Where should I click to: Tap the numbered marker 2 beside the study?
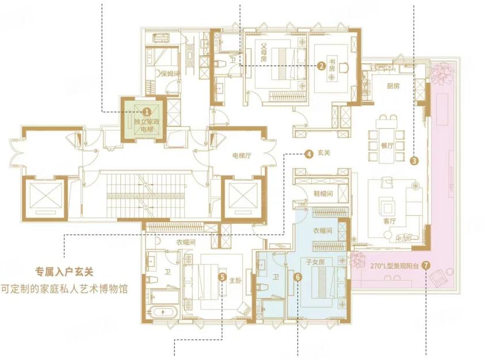coord(321,66)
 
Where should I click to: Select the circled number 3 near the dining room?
coord(414,160)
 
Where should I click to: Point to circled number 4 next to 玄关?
coord(308,154)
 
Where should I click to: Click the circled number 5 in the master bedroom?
coord(222,277)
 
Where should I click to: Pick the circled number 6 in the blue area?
coord(298,277)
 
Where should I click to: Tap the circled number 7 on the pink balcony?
coord(426,265)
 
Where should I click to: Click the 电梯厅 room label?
coord(242,156)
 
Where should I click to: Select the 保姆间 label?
coord(170,74)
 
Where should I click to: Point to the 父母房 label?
coord(264,52)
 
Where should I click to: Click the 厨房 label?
coord(393,86)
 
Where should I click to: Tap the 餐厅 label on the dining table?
coord(387,145)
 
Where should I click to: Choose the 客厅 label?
coord(390,221)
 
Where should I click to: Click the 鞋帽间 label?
coord(323,194)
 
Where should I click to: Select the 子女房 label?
coord(315,262)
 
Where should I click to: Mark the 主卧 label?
coord(235,281)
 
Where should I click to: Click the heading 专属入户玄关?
coord(64,272)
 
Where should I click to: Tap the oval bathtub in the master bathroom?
coord(163,312)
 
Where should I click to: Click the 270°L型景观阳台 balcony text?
coord(394,266)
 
